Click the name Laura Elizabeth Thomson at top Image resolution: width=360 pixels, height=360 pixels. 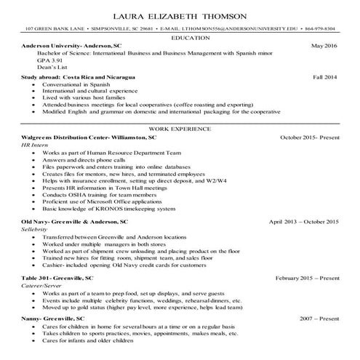point(180,16)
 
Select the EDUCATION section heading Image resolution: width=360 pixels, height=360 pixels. point(180,36)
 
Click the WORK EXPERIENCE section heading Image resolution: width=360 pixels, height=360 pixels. point(180,128)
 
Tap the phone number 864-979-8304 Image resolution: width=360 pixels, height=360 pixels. point(321,28)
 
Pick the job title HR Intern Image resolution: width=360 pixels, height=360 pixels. point(33,145)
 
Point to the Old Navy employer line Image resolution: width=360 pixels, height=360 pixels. point(75,220)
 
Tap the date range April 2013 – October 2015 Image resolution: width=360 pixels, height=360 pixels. point(303,220)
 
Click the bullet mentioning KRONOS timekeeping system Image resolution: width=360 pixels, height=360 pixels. point(109,209)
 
